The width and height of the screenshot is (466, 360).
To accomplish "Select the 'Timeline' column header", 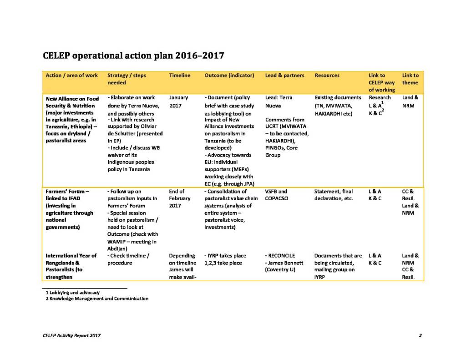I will point(180,75).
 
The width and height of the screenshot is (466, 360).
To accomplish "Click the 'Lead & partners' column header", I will point(284,75).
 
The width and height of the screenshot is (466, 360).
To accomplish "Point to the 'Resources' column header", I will point(327,75).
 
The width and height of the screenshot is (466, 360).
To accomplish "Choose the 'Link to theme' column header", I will point(410,79).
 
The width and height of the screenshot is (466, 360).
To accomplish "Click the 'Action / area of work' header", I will point(72,75).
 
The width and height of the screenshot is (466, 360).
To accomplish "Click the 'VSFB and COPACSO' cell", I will point(276,195).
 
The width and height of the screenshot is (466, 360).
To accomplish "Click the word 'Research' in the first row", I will point(380,97).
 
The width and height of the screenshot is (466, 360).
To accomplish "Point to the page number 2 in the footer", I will point(420,336).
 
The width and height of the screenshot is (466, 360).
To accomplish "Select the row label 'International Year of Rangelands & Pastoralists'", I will point(71,263).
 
